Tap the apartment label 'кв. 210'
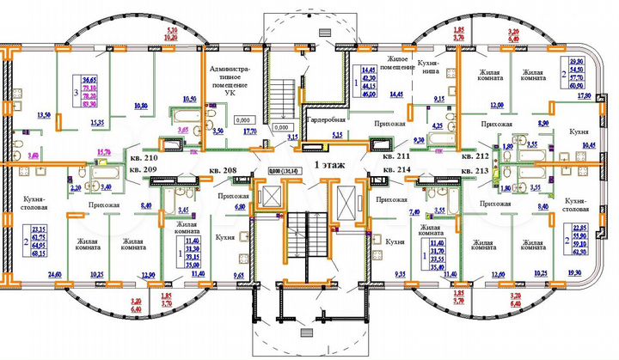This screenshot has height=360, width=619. pyautogui.click(x=144, y=159)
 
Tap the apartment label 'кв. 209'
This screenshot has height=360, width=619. pyautogui.click(x=144, y=172)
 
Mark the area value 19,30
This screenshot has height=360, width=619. pyautogui.click(x=575, y=273)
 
